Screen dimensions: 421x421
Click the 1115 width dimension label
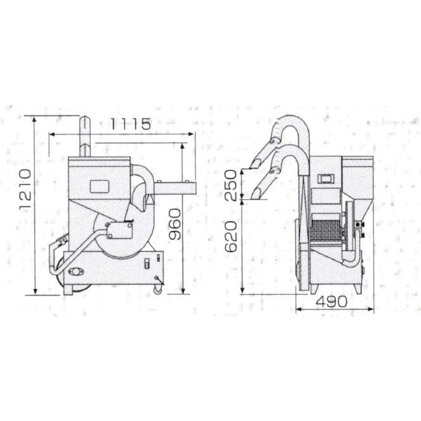click(131, 124)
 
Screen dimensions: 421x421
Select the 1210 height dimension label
click(25, 190)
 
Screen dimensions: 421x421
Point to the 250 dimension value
click(231, 185)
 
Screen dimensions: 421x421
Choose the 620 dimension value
click(231, 236)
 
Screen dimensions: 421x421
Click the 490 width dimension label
click(332, 302)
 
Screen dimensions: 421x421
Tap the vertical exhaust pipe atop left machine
click(84, 136)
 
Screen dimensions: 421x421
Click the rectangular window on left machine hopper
click(100, 186)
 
